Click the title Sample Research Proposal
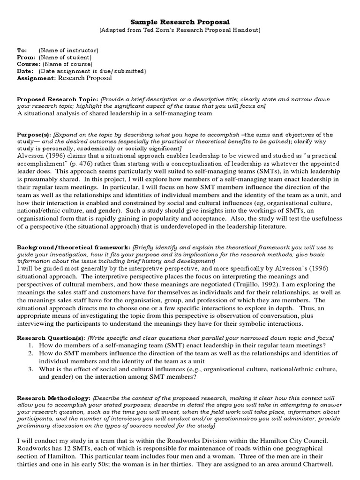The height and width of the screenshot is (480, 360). click(x=180, y=22)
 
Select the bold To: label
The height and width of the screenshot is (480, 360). click(x=22, y=50)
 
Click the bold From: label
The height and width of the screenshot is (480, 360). click(x=26, y=57)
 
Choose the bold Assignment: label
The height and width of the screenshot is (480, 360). click(x=37, y=78)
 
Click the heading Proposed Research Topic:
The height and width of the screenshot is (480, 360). click(x=58, y=99)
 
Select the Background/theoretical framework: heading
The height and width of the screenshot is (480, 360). click(x=74, y=247)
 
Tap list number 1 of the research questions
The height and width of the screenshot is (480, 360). click(x=30, y=345)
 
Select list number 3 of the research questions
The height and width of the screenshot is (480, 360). click(x=30, y=369)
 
